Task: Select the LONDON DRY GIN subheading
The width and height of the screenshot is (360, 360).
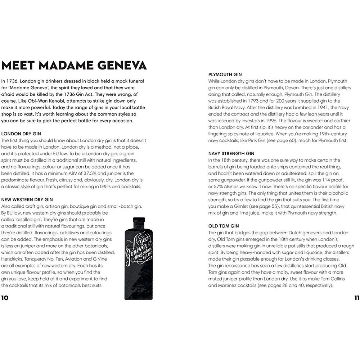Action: click(21, 133)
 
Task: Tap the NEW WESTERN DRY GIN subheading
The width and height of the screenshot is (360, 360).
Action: click(27, 199)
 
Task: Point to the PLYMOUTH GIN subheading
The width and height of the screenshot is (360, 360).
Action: click(225, 74)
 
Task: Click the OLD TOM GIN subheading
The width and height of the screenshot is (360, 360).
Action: click(224, 226)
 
